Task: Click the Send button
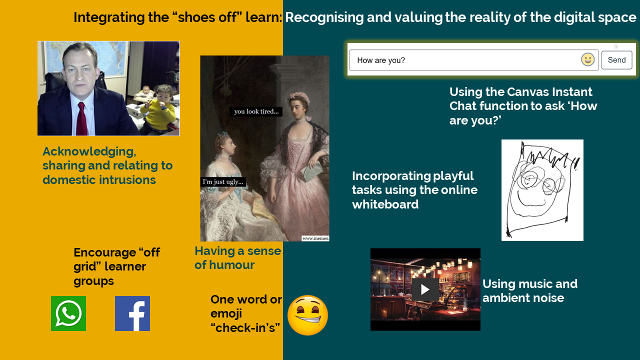[616, 60]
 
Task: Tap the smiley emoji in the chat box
[587, 59]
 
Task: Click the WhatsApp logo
[68, 313]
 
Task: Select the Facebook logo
[132, 313]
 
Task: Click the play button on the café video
[425, 289]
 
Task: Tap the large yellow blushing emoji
[307, 315]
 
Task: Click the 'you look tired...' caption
[256, 111]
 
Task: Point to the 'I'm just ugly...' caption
[223, 181]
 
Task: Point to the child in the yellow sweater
[158, 110]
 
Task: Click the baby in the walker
[145, 93]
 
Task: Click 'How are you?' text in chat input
[381, 60]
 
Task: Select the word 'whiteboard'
[385, 204]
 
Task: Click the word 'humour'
[231, 265]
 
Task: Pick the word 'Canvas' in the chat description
[528, 92]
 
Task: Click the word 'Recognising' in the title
[324, 17]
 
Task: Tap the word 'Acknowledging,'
[89, 151]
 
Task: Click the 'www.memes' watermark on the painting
[315, 238]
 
